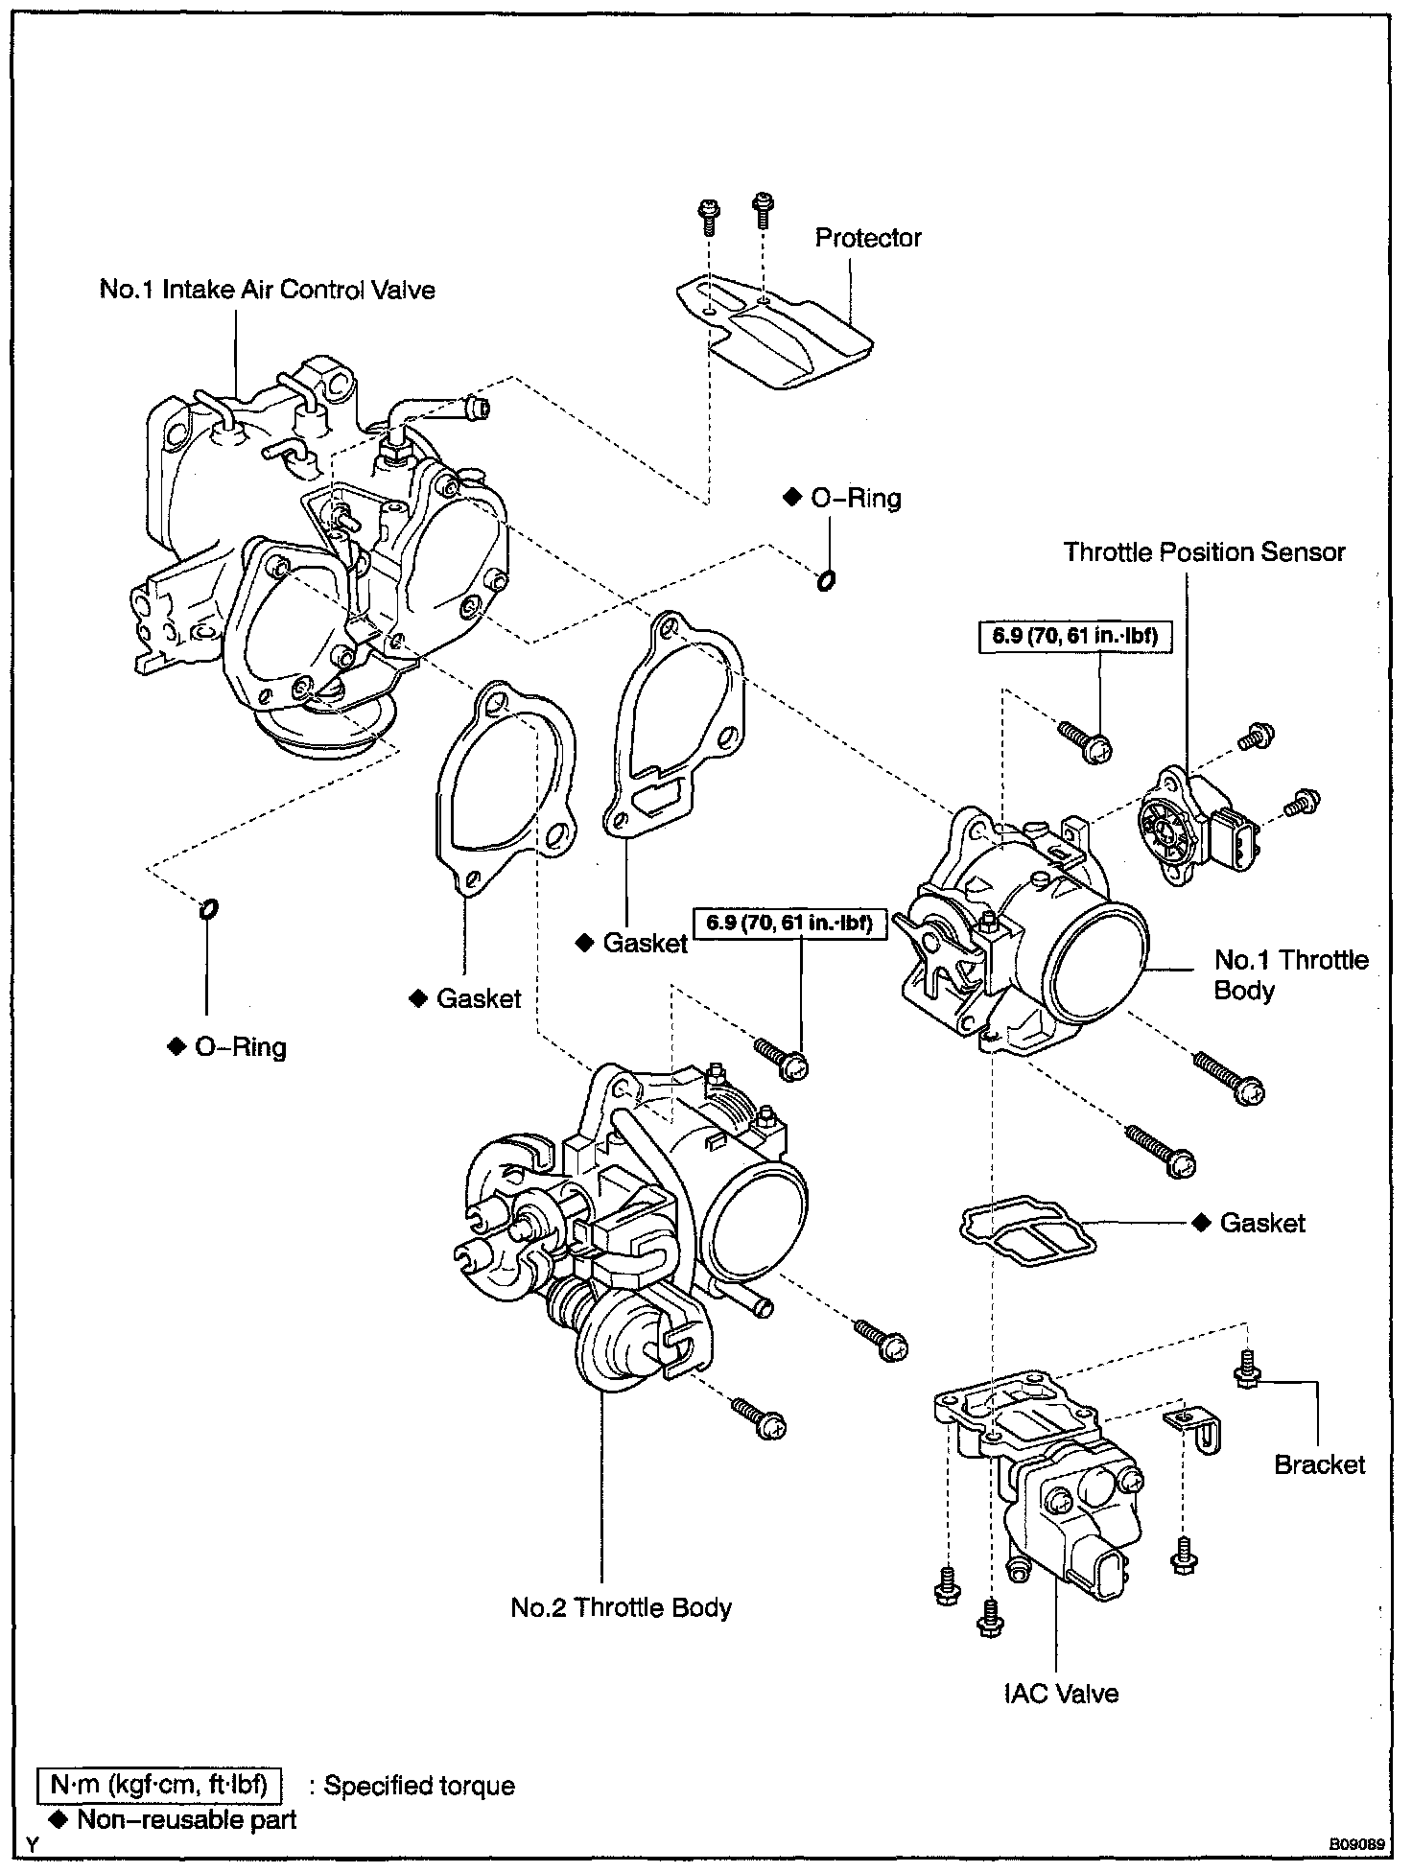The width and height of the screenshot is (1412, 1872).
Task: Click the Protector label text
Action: coord(868,238)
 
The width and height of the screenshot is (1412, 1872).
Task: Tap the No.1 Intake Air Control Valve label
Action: coord(268,290)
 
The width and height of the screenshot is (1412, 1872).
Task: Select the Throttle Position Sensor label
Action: coord(1205,551)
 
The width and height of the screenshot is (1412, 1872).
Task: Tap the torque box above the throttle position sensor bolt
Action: coord(1076,635)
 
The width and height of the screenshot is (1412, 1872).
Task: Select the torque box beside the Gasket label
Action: coord(789,924)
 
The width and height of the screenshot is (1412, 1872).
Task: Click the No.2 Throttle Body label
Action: coord(622,1607)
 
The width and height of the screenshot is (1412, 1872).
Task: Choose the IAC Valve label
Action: coord(1062,1694)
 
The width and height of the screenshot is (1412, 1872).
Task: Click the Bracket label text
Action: coord(1320,1464)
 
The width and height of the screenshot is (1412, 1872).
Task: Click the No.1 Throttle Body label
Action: coord(1291,974)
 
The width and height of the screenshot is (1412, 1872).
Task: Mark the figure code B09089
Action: coord(1356,1843)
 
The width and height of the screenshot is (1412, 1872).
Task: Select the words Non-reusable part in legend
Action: coord(187,1819)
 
